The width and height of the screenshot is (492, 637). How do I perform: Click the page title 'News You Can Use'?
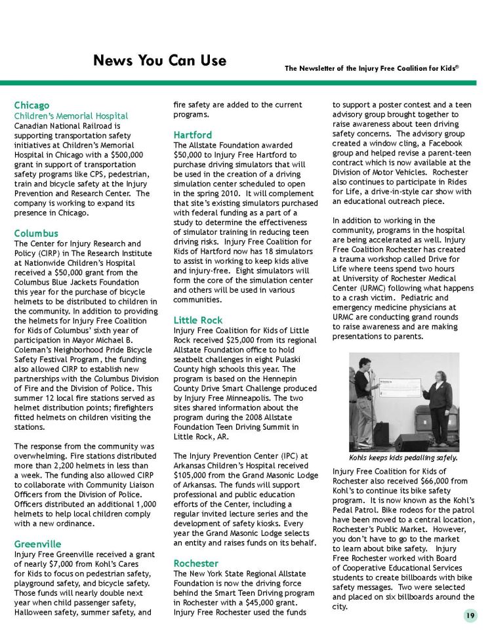tap(159, 61)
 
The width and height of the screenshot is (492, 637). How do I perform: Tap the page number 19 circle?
tap(470, 615)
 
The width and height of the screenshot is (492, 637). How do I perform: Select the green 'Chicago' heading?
tap(31, 105)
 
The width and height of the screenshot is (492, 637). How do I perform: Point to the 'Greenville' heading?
tap(37, 544)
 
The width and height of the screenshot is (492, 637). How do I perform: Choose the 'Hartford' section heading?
tap(192, 135)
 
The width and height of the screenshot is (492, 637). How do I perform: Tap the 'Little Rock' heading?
tap(197, 319)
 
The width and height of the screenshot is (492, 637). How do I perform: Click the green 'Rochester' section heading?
tap(196, 563)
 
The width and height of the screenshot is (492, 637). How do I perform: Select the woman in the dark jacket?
tap(440, 400)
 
